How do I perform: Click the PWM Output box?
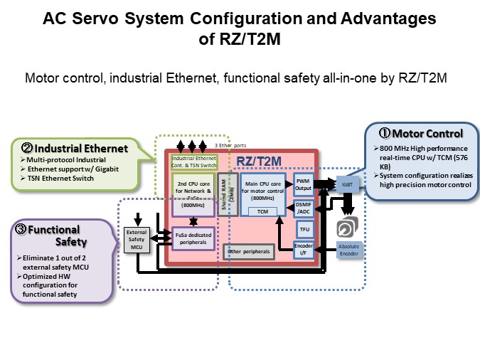point(304,183)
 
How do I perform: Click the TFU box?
point(304,228)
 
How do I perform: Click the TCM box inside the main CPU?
point(262,211)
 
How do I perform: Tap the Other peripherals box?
point(247,251)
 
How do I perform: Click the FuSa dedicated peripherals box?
point(193,238)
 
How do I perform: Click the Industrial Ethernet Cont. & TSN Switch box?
point(193,162)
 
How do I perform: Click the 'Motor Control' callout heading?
point(422,133)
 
